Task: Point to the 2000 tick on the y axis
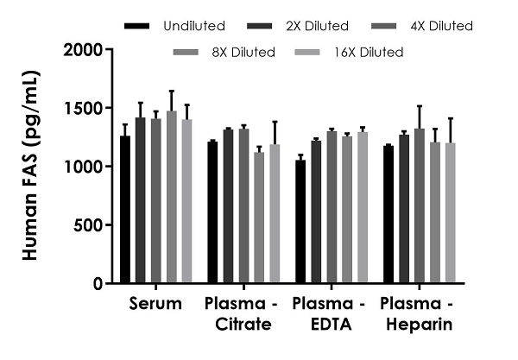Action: click(x=85, y=50)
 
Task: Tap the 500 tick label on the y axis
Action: click(x=89, y=225)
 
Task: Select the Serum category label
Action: click(x=156, y=304)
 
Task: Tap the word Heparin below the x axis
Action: click(x=420, y=325)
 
